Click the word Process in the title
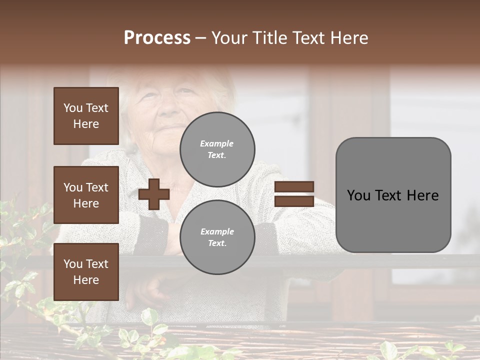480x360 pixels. (157, 38)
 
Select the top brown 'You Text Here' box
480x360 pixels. (86, 116)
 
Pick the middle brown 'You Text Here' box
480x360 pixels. (86, 195)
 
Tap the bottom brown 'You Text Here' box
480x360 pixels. (86, 271)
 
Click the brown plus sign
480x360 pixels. (154, 194)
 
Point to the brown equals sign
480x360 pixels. (294, 194)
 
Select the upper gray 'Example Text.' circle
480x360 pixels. (217, 149)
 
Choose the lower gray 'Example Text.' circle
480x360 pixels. (217, 237)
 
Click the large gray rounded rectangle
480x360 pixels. (393, 195)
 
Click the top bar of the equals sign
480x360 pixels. (294, 187)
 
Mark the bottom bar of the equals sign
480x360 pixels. (294, 201)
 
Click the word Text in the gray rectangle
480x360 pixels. (392, 195)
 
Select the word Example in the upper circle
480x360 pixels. (217, 143)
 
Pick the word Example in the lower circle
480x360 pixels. (217, 231)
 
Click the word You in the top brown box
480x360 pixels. (72, 108)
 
